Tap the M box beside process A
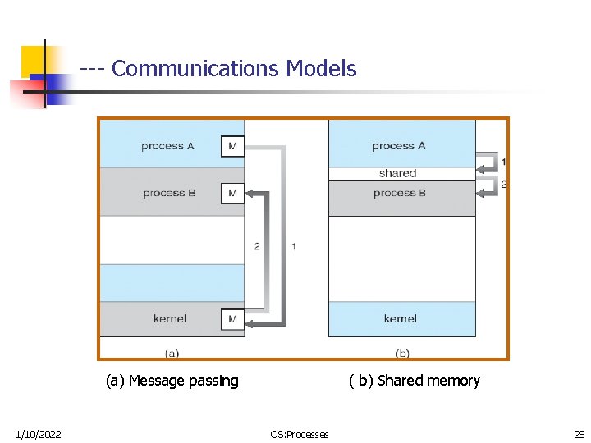[232, 146]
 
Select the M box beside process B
[232, 194]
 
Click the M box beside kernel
[232, 319]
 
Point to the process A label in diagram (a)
[167, 146]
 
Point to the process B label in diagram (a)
[169, 194]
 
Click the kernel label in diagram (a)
[170, 319]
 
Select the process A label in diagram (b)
[398, 146]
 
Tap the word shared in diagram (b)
[398, 173]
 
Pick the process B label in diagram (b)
[399, 194]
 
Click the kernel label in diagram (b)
[401, 319]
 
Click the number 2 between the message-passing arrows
[257, 246]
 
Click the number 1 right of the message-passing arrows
[294, 246]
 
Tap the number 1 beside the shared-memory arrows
[504, 162]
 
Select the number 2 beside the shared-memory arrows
[504, 185]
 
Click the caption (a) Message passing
[172, 381]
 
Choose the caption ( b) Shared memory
[415, 381]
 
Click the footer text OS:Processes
[300, 434]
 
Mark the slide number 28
[579, 434]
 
